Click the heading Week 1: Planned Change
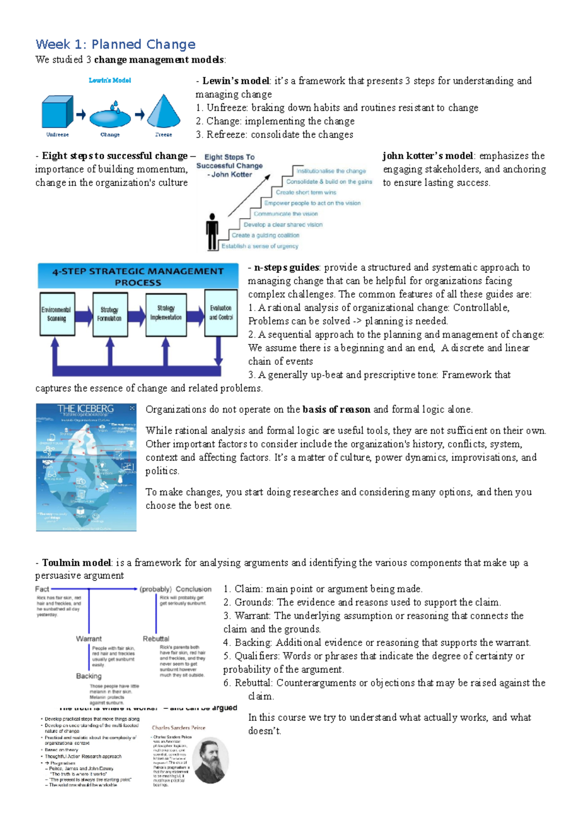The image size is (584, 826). pos(115,45)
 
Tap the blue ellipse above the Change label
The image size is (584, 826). pos(110,117)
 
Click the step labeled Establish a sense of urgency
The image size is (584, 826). pos(260,246)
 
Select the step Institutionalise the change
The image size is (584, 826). pos(331,171)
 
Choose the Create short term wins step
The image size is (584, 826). pos(306,193)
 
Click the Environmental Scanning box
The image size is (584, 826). pos(56,314)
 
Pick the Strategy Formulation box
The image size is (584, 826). pos(109,314)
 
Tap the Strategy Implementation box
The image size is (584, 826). pos(166,314)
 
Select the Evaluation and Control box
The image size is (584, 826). pos(221,313)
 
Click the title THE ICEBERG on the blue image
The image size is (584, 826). pos(86,409)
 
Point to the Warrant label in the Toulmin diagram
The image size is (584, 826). pos(89,639)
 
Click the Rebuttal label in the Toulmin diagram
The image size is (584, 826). pos(156,639)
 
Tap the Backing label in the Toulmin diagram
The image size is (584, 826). pos(89,676)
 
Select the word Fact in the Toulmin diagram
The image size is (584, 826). pos(42,589)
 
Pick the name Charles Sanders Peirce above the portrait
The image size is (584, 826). pos(179,728)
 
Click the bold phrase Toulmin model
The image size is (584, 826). pos(76,563)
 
